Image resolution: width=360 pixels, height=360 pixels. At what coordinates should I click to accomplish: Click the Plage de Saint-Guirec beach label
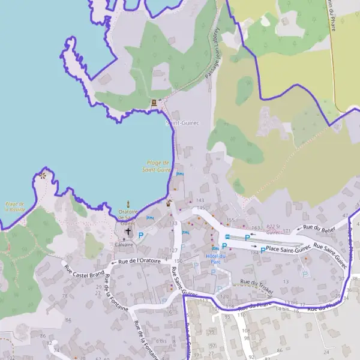157,166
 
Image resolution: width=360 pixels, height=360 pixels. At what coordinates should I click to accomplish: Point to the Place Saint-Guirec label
288,248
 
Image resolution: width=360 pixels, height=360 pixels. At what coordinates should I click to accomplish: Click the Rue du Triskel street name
256,286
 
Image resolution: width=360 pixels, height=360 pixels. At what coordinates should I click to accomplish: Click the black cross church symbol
128,231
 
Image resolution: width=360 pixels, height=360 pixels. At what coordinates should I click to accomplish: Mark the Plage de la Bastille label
15,207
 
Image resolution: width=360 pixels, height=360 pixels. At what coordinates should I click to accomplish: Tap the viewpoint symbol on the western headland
43,176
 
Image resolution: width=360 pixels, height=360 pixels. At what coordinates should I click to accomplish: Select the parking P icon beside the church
142,235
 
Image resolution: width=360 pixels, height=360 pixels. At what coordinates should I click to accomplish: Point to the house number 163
256,227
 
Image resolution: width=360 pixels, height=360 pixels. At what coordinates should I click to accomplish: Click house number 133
175,223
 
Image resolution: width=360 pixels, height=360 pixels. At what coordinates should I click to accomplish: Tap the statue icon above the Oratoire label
128,204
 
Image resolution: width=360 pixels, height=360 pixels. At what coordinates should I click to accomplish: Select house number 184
254,253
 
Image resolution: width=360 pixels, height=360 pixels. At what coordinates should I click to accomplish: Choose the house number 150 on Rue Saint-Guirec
178,262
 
